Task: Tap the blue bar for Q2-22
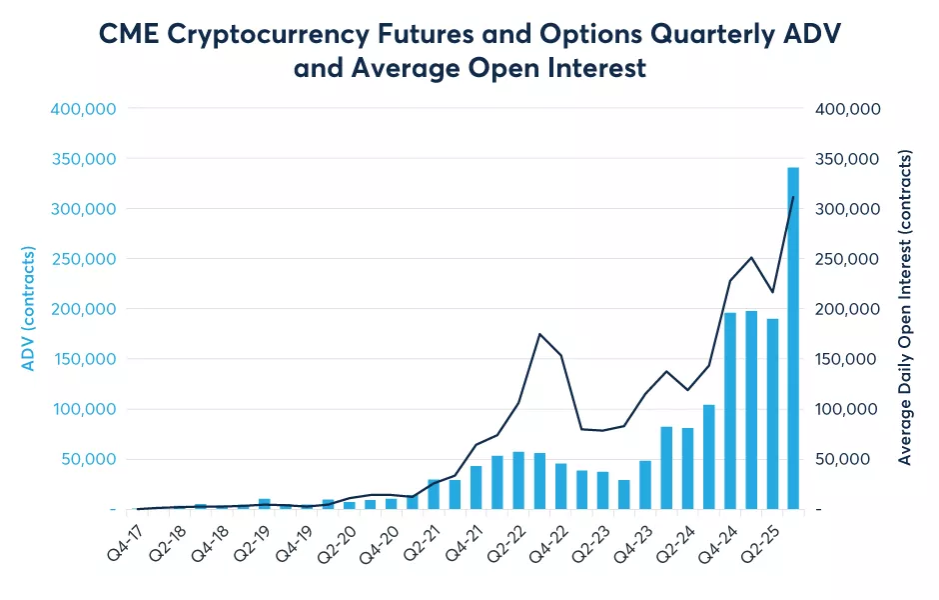[518, 480]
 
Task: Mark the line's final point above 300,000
[793, 197]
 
